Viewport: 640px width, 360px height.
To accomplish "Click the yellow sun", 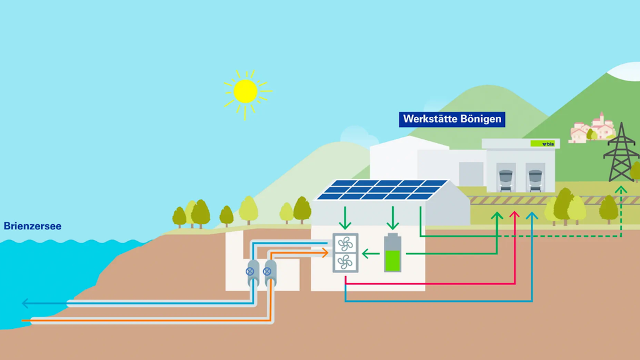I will pos(246,91).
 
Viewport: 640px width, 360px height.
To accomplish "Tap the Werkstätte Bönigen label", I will pos(452,119).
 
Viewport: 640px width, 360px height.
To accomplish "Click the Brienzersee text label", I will pos(32,226).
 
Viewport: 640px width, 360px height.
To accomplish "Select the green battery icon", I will pos(393,253).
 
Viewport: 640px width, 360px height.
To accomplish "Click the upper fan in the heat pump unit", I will pos(345,244).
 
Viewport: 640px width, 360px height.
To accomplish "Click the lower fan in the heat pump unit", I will pos(345,262).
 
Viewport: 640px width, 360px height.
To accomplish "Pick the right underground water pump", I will pos(269,272).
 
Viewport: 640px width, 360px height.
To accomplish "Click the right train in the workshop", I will pos(536,177).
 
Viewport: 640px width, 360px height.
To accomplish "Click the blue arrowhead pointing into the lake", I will pos(26,304).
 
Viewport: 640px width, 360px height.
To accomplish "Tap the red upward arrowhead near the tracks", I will pos(514,216).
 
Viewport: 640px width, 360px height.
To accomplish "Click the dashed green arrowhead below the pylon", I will pos(621,189).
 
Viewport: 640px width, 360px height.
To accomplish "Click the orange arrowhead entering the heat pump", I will pos(325,252).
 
